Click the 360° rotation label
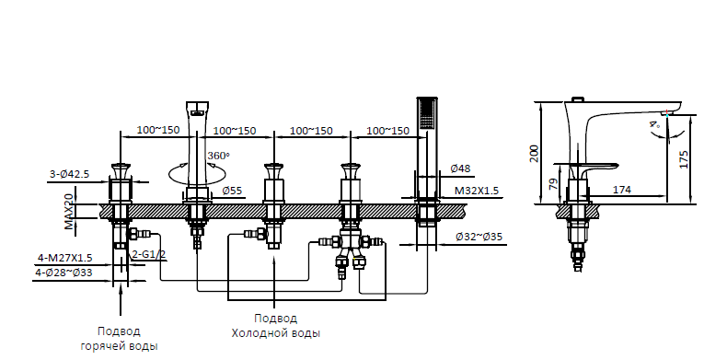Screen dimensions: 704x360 point(218,156)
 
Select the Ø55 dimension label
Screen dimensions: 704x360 point(232,191)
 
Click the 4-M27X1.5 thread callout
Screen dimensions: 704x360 point(65,258)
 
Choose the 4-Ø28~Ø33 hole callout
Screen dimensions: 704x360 point(63,273)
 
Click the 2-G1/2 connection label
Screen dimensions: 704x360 point(148,254)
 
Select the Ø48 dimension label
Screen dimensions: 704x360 point(460,168)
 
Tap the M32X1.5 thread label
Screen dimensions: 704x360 point(477,191)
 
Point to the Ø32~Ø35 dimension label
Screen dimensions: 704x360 point(479,237)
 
